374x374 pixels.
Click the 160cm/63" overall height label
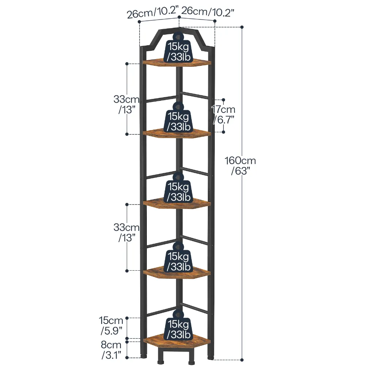pyautogui.click(x=240, y=165)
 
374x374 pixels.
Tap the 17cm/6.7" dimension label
pyautogui.click(x=224, y=114)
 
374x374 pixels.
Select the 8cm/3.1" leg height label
pyautogui.click(x=111, y=350)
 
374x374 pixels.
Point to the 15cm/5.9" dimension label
pyautogui.click(x=111, y=325)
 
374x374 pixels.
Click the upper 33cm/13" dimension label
pyautogui.click(x=126, y=104)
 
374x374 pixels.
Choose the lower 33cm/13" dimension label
pyautogui.click(x=126, y=232)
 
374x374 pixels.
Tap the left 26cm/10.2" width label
pyautogui.click(x=153, y=12)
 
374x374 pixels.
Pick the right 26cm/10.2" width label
pyautogui.click(x=208, y=11)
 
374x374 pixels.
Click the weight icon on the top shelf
pyautogui.click(x=178, y=48)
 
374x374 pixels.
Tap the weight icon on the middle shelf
pyautogui.click(x=178, y=188)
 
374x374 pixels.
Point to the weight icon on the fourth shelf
pyautogui.click(x=178, y=257)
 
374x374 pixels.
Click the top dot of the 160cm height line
pyautogui.click(x=242, y=27)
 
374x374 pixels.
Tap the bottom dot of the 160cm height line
pyautogui.click(x=242, y=360)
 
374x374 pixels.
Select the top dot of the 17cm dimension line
pyautogui.click(x=224, y=100)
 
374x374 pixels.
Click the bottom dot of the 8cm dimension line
pyautogui.click(x=127, y=358)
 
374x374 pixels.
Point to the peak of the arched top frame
pyautogui.click(x=179, y=28)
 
